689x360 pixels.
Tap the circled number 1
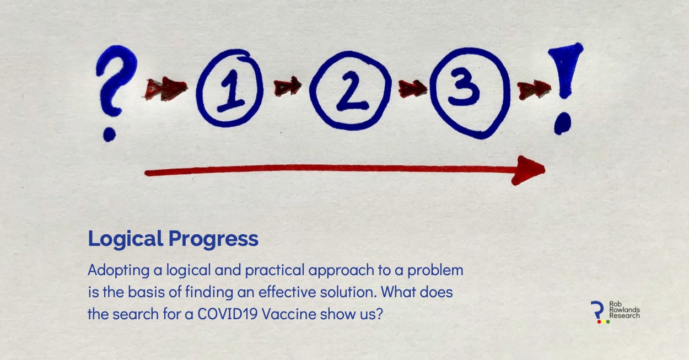tap(230, 88)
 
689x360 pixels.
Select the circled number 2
tap(347, 88)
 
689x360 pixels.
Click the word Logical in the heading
tap(126, 239)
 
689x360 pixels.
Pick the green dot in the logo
tap(607, 321)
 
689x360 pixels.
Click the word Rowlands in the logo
tap(625, 310)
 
